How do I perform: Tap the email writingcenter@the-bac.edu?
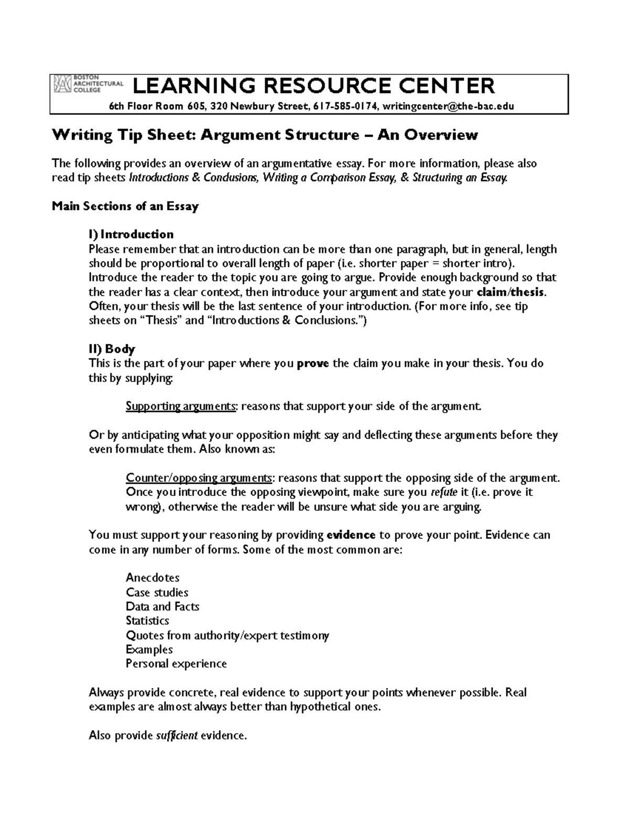pos(448,106)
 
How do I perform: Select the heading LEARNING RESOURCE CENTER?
pos(313,85)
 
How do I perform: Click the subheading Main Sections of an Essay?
pos(125,206)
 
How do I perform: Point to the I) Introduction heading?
pos(131,234)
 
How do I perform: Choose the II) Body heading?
pos(112,349)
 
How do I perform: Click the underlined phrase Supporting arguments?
pos(181,406)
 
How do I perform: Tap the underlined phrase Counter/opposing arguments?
pos(199,478)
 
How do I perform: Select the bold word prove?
pos(313,363)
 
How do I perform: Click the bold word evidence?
pos(351,535)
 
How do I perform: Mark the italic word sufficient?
pos(177,736)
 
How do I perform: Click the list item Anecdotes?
pos(153,578)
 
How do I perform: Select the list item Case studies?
pos(157,592)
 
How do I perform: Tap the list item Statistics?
pos(147,621)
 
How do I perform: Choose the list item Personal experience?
pos(176,664)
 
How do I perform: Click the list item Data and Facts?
pos(162,606)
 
